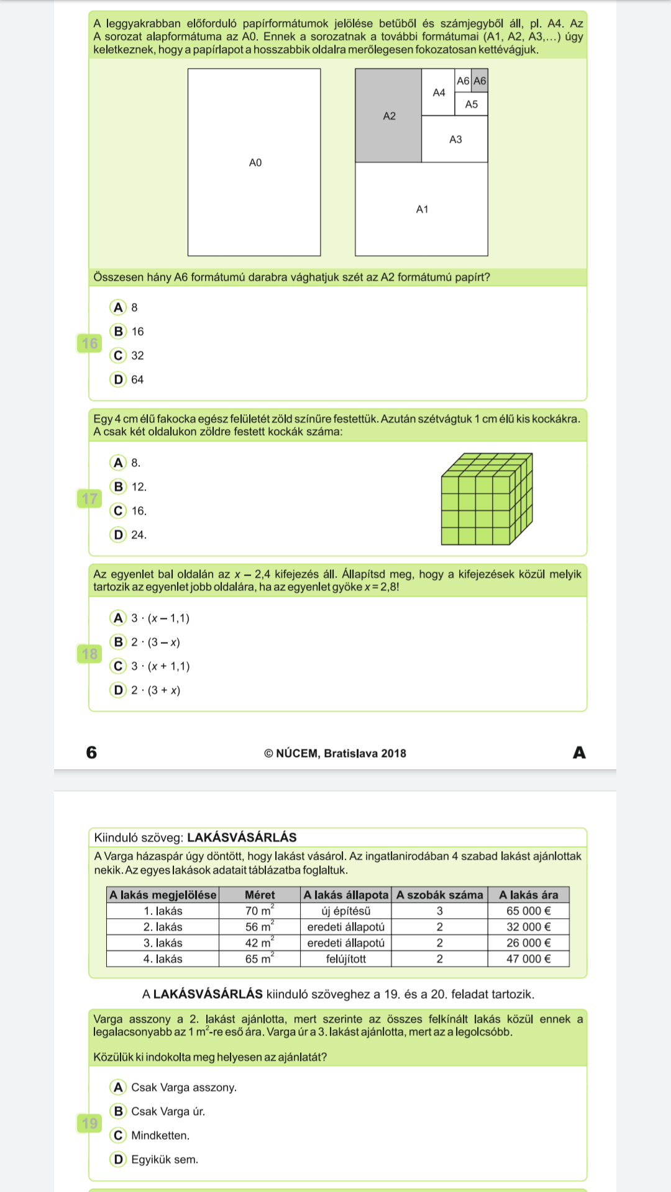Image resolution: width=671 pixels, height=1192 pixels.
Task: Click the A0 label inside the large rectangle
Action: click(x=255, y=163)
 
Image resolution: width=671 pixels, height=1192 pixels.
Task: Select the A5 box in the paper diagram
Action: click(x=472, y=104)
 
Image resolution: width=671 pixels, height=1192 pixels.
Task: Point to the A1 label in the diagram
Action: click(x=422, y=209)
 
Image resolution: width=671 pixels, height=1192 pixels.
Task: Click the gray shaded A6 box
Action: click(x=480, y=81)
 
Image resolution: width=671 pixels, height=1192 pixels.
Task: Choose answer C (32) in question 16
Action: click(x=118, y=355)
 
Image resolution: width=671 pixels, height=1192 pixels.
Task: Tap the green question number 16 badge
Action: click(x=90, y=343)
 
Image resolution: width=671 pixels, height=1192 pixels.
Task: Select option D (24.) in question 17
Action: click(x=118, y=535)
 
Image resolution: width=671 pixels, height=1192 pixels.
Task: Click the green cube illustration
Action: click(x=486, y=499)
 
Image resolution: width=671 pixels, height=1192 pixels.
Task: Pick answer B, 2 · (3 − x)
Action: click(x=118, y=642)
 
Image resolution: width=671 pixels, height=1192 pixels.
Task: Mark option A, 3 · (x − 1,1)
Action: click(x=118, y=618)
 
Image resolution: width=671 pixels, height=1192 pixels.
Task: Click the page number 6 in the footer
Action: click(x=91, y=752)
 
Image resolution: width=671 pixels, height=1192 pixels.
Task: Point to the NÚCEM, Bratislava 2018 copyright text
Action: click(x=335, y=753)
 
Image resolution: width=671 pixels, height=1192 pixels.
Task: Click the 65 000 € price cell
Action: click(x=528, y=911)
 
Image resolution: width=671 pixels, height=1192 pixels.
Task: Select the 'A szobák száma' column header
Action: click(x=439, y=895)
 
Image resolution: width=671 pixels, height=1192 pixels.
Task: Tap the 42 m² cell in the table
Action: click(x=259, y=942)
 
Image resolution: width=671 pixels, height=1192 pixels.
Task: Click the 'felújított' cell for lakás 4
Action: click(x=345, y=959)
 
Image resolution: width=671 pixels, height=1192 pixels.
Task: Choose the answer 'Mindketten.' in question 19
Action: click(x=118, y=1136)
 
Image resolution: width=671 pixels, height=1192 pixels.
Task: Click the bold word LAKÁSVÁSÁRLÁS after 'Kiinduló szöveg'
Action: click(x=242, y=837)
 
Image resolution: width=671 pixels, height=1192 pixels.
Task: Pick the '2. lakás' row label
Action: click(x=163, y=927)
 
